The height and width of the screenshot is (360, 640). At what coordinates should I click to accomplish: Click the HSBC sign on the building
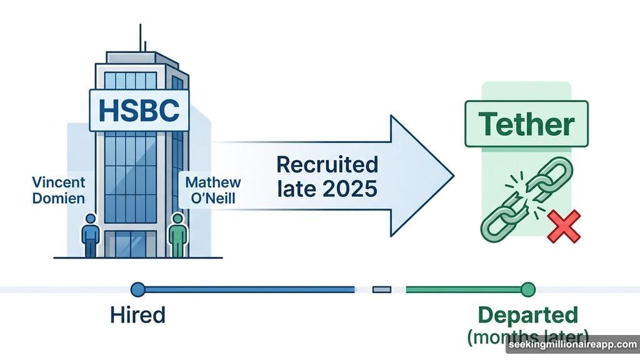[139, 110]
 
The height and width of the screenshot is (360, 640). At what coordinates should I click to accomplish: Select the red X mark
[564, 226]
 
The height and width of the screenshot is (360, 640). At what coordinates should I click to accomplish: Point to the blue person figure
[91, 236]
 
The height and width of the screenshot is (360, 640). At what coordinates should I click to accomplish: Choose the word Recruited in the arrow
[327, 165]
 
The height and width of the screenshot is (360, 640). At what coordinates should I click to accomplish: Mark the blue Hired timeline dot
[137, 289]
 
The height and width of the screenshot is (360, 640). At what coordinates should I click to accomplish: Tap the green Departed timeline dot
[528, 289]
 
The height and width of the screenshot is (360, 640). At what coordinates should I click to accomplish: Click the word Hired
[137, 314]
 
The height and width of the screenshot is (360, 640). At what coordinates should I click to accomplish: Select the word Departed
[528, 314]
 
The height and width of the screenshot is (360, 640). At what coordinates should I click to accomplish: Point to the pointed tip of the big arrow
[451, 176]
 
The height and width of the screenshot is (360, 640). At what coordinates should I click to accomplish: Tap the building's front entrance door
[131, 244]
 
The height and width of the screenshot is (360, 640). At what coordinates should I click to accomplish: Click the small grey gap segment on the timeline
[381, 289]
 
